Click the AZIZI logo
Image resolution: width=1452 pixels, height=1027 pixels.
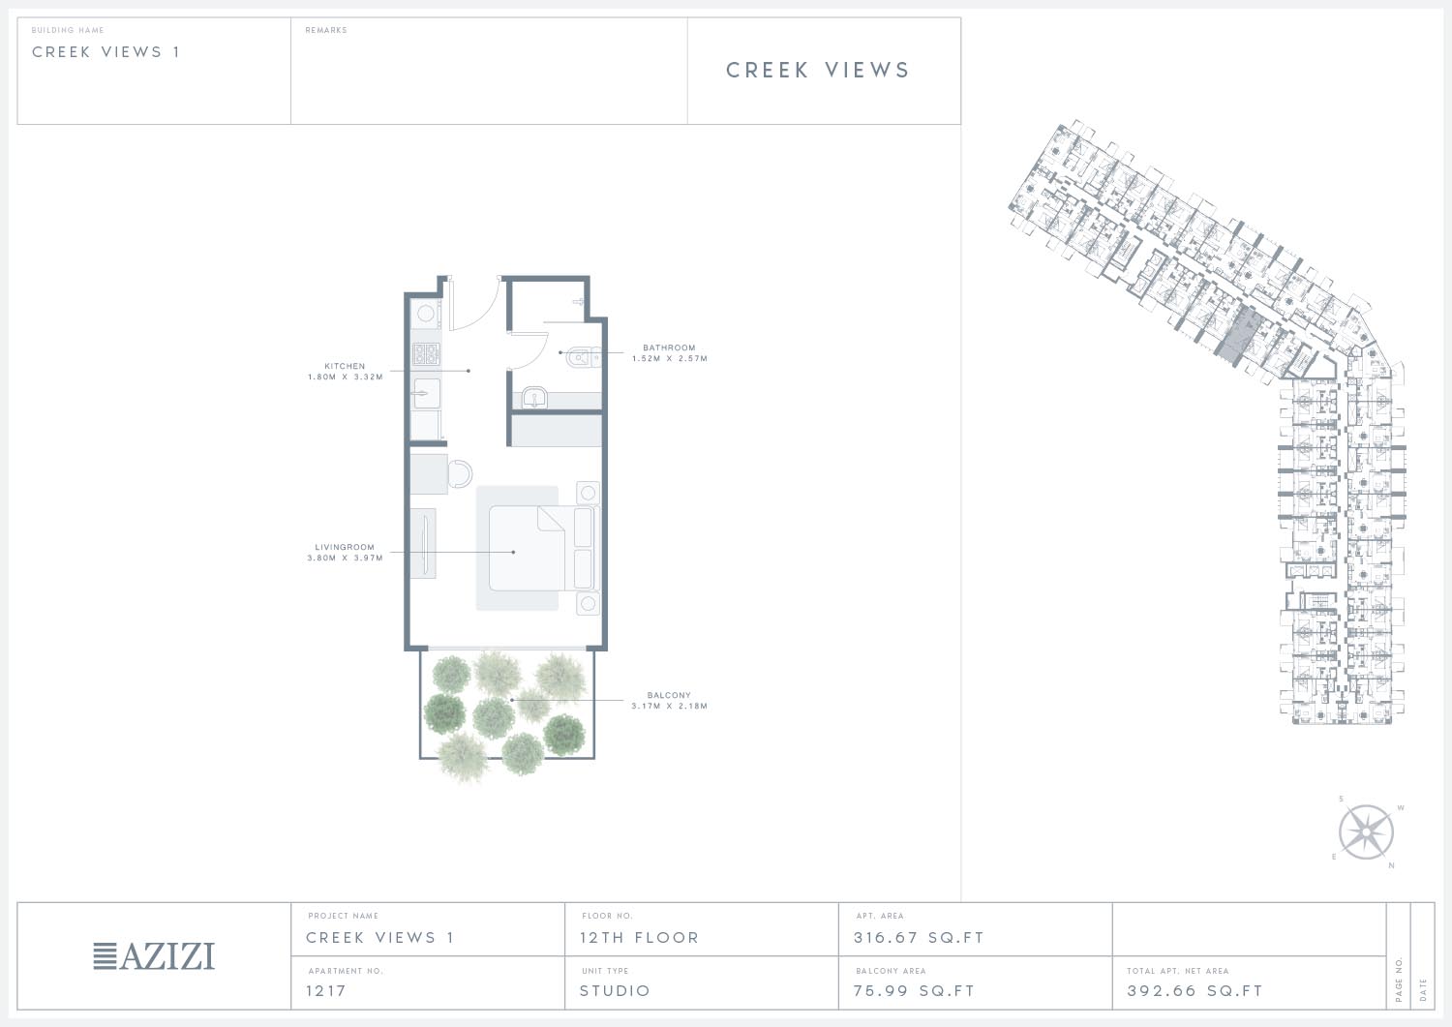coord(154,955)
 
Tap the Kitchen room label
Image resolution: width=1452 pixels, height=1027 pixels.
coord(345,372)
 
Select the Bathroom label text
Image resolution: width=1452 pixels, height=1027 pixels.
coord(670,352)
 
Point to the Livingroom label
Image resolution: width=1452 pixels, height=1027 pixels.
coord(345,553)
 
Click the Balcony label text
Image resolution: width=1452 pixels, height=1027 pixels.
coord(670,700)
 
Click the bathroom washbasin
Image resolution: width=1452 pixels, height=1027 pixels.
coord(533,398)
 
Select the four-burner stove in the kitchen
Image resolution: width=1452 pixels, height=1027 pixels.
coord(426,353)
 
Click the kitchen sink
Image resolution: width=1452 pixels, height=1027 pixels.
coord(427,393)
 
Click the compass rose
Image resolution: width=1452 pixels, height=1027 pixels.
coord(1366,831)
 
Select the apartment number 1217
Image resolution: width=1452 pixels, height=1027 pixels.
coord(326,990)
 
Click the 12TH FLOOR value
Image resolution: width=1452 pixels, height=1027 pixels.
coord(639,938)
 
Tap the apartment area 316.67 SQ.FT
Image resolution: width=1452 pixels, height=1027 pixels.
coord(919,938)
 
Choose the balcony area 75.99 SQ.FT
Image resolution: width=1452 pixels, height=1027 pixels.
coord(914,990)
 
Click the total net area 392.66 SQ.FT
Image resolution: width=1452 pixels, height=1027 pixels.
coord(1195,990)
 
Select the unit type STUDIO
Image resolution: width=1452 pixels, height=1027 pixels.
coord(615,990)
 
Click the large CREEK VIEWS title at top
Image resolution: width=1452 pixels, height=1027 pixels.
coord(818,70)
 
